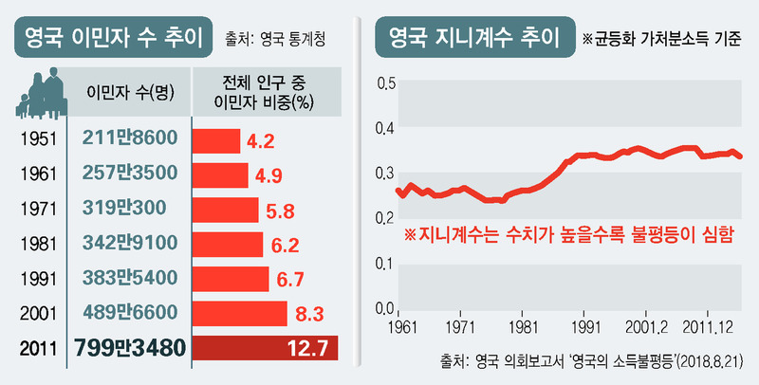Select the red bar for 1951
coord(216,141)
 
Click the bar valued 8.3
coord(239,313)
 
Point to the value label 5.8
coord(282,210)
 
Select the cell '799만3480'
coord(129,348)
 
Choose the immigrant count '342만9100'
coord(129,245)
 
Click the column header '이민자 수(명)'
coord(129,93)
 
